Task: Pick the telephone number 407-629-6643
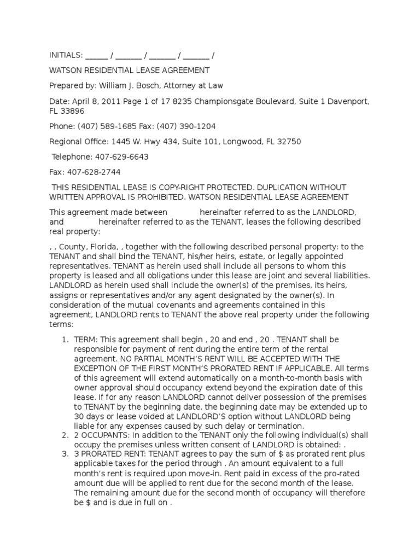click(121, 157)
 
